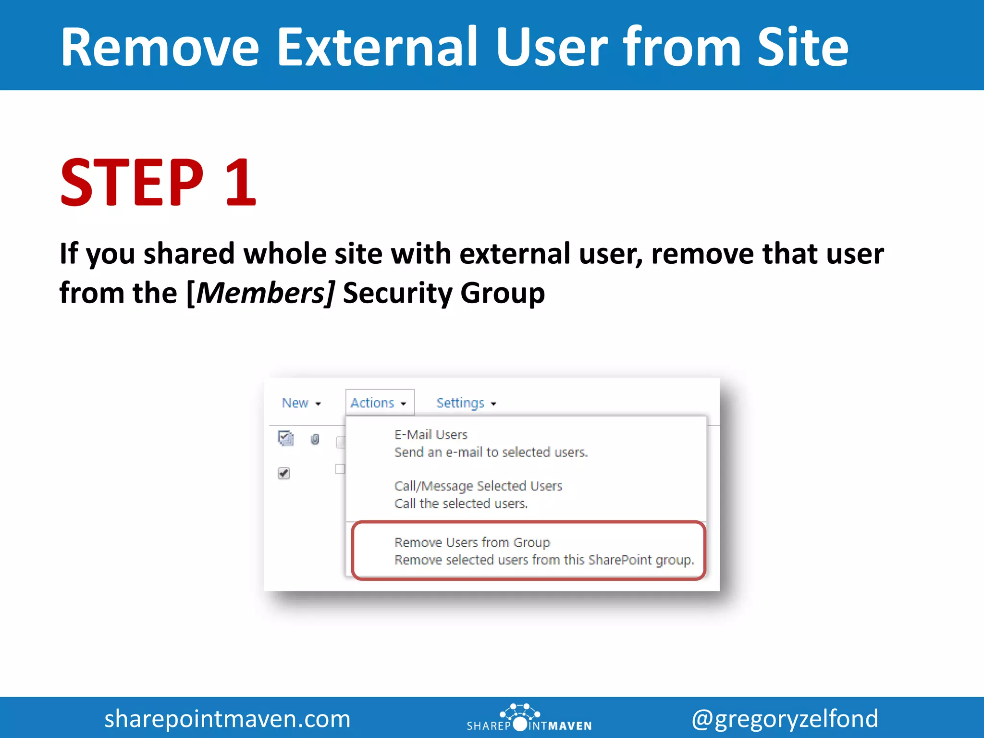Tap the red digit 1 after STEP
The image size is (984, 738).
tap(240, 183)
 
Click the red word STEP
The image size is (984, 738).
tap(132, 183)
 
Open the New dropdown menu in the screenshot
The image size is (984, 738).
tap(301, 403)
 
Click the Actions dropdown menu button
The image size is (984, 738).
tap(379, 403)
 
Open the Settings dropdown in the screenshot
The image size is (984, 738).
tap(466, 403)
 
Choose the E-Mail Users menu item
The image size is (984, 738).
tap(430, 435)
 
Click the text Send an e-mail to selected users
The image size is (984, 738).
tap(491, 452)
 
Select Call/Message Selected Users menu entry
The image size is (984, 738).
tap(478, 486)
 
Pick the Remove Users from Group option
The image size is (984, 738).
tap(472, 542)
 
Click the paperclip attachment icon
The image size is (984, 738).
tap(315, 439)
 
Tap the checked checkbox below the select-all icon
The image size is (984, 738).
tap(283, 473)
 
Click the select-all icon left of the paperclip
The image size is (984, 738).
tap(286, 438)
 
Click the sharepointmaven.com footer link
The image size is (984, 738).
tap(227, 719)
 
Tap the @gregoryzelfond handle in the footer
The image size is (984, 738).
tap(785, 719)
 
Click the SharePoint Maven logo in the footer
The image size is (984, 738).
tap(529, 719)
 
